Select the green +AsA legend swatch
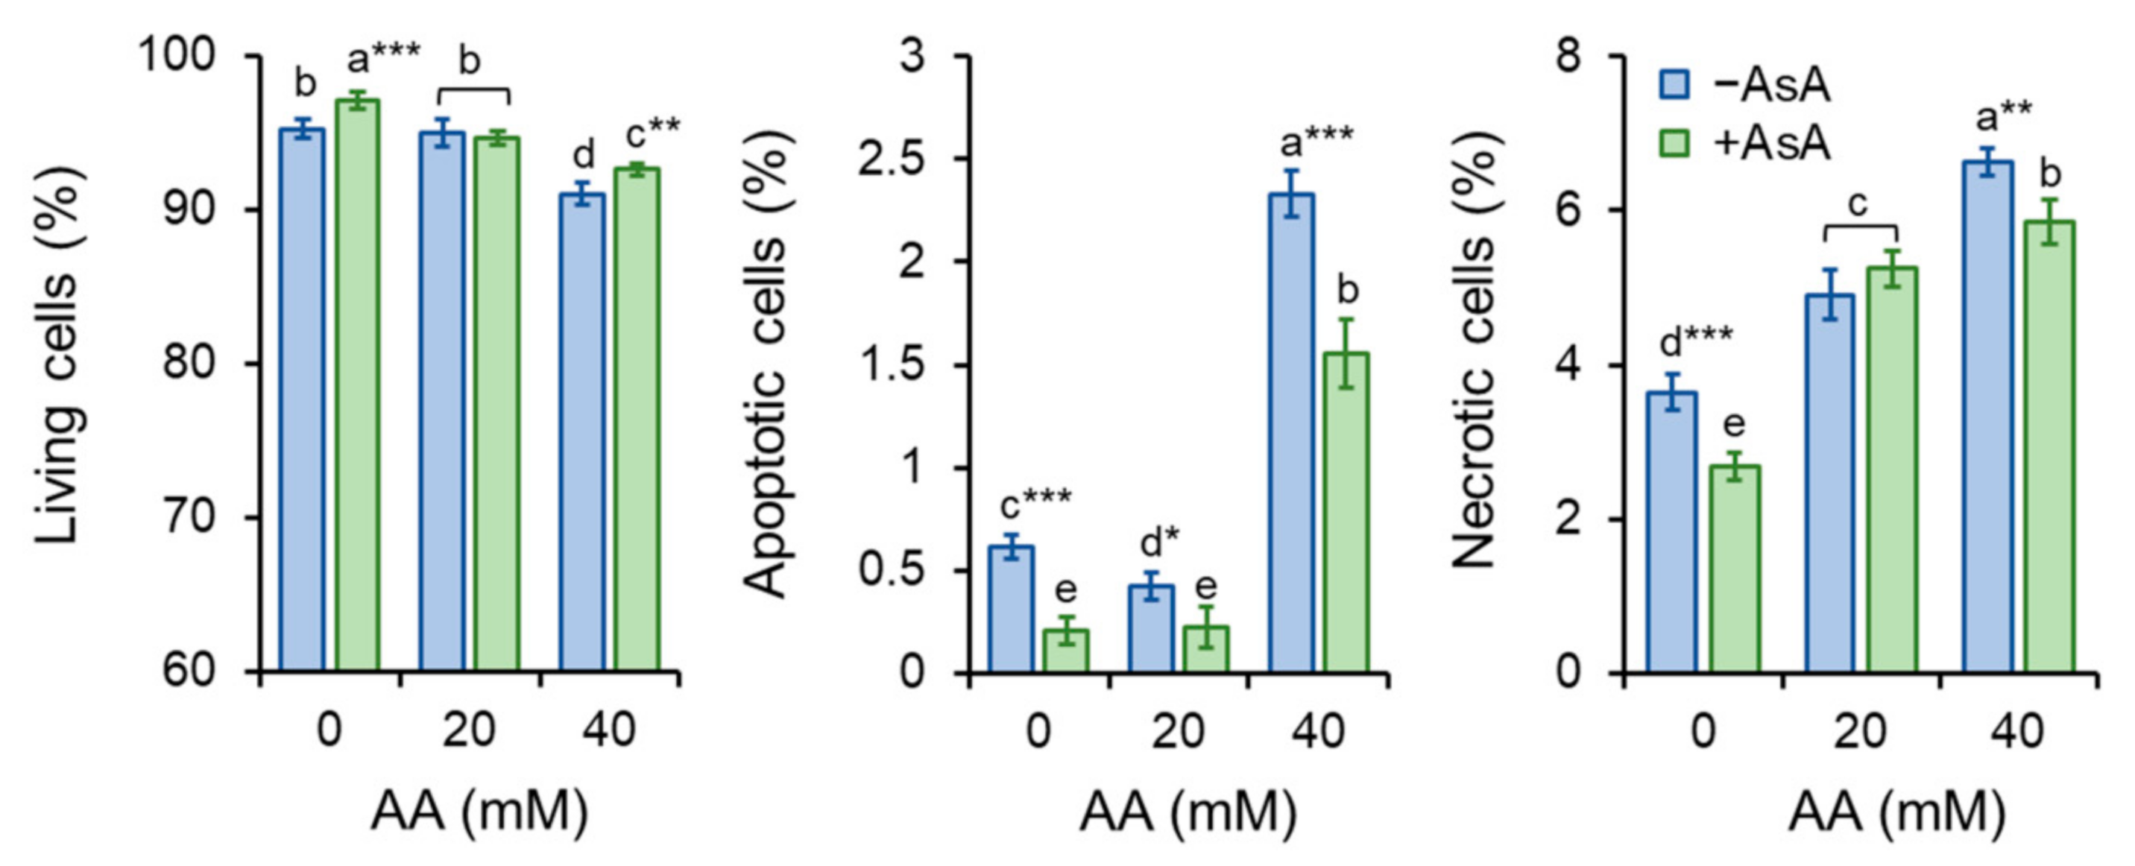1674,143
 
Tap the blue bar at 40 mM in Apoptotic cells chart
1291,431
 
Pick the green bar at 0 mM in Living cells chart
357,385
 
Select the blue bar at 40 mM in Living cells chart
581,431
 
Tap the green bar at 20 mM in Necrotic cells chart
1892,468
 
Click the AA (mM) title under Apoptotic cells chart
1188,812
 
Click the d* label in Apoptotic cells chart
1161,543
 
